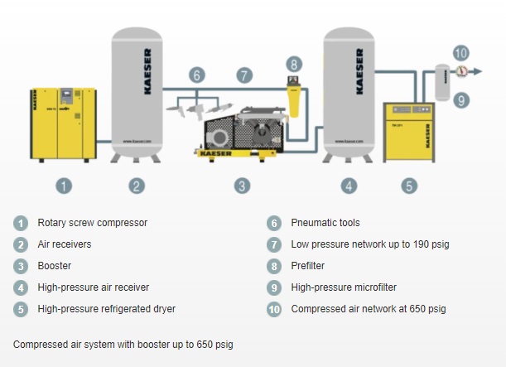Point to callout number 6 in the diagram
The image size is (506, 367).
[x=196, y=75]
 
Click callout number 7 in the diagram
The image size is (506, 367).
[x=243, y=75]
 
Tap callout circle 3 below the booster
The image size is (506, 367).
[x=242, y=186]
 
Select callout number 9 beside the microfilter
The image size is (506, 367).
[x=461, y=99]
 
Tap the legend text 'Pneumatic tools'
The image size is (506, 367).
[x=325, y=223]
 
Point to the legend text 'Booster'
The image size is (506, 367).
[x=55, y=266]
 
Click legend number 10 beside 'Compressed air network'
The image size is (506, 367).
[x=273, y=309]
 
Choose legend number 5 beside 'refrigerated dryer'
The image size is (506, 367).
[x=20, y=309]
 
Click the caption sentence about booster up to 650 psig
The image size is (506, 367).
[x=129, y=344]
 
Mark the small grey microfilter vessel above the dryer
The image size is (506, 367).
[x=441, y=79]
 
